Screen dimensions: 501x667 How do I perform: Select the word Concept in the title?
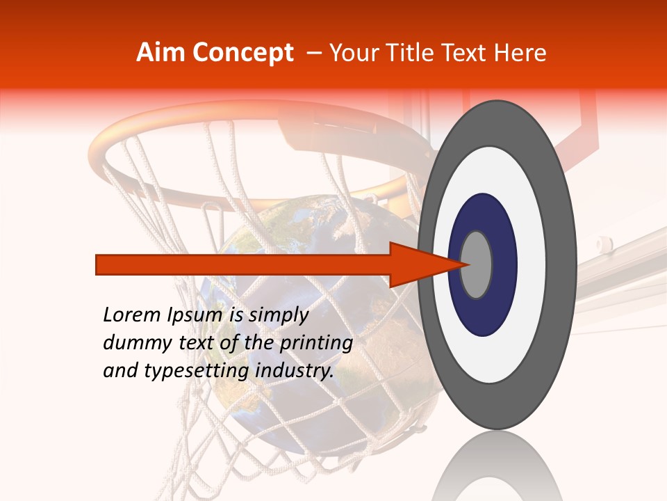[242, 53]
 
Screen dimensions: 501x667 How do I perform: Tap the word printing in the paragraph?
[316, 343]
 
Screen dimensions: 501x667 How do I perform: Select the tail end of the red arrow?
[98, 264]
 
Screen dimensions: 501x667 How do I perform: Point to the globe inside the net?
[278, 230]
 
